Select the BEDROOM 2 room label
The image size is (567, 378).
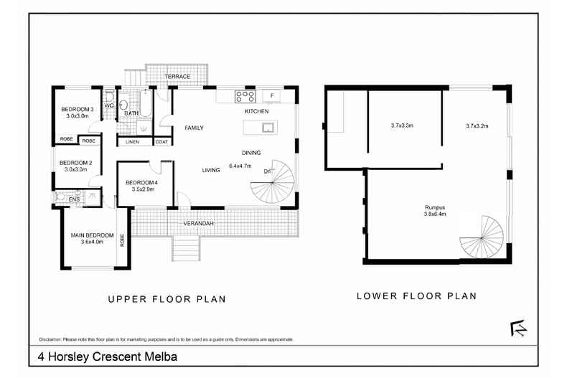click(73, 162)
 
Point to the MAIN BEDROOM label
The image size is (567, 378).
click(92, 235)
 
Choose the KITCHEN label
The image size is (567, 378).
click(256, 112)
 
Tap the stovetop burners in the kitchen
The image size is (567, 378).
click(245, 95)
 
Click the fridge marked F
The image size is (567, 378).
click(271, 95)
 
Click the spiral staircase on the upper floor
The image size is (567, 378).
click(273, 184)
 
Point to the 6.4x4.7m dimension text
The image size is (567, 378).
click(239, 166)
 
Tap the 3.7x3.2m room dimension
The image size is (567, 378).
click(477, 126)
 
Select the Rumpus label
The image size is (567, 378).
click(435, 207)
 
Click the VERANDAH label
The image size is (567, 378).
click(198, 223)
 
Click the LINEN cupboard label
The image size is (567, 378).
click(133, 142)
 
